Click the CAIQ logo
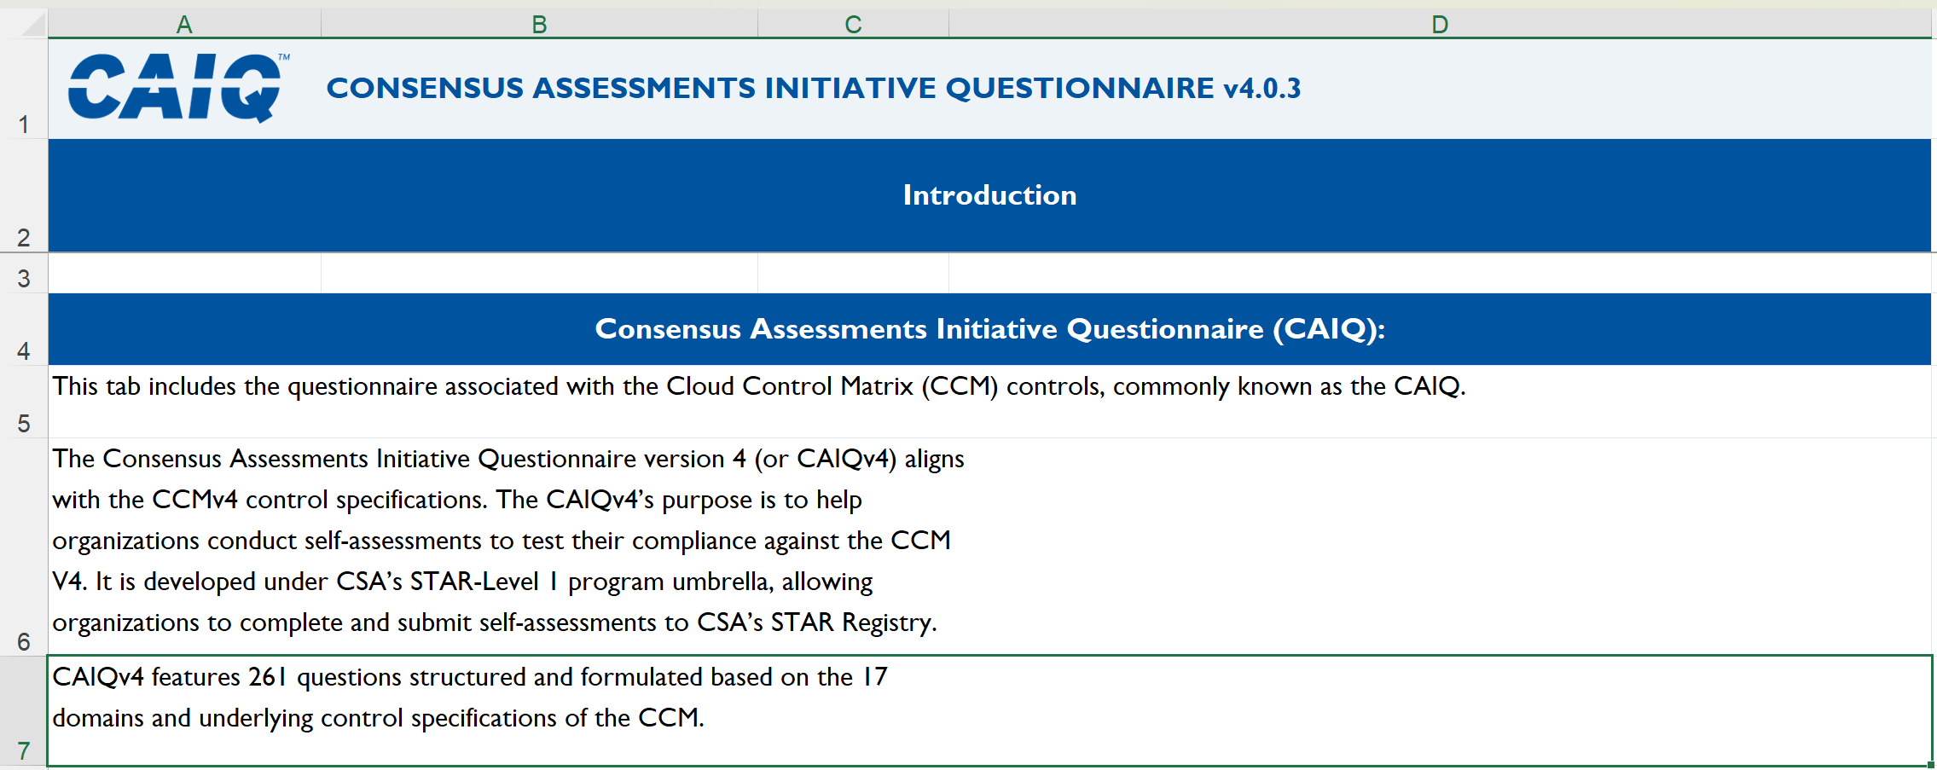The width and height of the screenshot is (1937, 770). pyautogui.click(x=177, y=88)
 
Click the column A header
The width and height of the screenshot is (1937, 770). pyautogui.click(x=184, y=25)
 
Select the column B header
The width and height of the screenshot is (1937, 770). pyautogui.click(x=539, y=25)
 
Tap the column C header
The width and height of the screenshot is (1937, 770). pyautogui.click(x=853, y=25)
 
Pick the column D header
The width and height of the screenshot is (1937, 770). pyautogui.click(x=1440, y=25)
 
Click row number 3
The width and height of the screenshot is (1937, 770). pyautogui.click(x=24, y=279)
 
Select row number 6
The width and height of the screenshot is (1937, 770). pyautogui.click(x=24, y=641)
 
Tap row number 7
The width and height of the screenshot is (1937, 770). pyautogui.click(x=24, y=750)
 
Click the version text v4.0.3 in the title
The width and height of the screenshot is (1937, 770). pyautogui.click(x=1262, y=88)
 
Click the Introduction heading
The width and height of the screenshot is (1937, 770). pyautogui.click(x=989, y=195)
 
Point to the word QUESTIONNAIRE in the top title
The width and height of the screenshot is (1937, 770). pyautogui.click(x=1080, y=88)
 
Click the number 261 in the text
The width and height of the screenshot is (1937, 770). pyautogui.click(x=268, y=677)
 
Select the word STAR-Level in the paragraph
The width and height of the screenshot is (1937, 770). pyautogui.click(x=474, y=582)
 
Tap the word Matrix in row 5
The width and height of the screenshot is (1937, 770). pyautogui.click(x=877, y=386)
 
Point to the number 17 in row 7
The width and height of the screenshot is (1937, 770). pyautogui.click(x=875, y=677)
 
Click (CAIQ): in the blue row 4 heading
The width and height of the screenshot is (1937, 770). pyautogui.click(x=1330, y=329)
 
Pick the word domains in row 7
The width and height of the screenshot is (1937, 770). pyautogui.click(x=98, y=718)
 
